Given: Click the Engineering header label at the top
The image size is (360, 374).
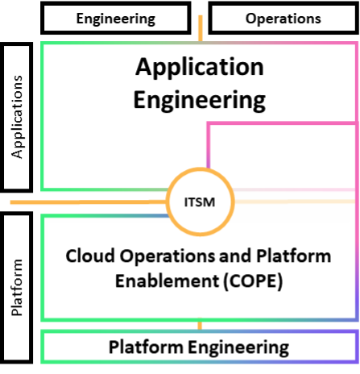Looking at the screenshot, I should [115, 18].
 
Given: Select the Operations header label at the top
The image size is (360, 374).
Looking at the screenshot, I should [283, 18].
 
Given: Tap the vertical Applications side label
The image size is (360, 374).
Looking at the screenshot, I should [19, 117].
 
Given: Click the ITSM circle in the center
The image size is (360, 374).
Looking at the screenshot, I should [199, 200].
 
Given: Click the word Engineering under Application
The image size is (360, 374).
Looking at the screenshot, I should [199, 100].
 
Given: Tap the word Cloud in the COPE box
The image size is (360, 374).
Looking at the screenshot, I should [88, 256].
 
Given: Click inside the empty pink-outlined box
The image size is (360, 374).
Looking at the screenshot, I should [282, 153].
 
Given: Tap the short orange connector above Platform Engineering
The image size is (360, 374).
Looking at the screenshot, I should [199, 326].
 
